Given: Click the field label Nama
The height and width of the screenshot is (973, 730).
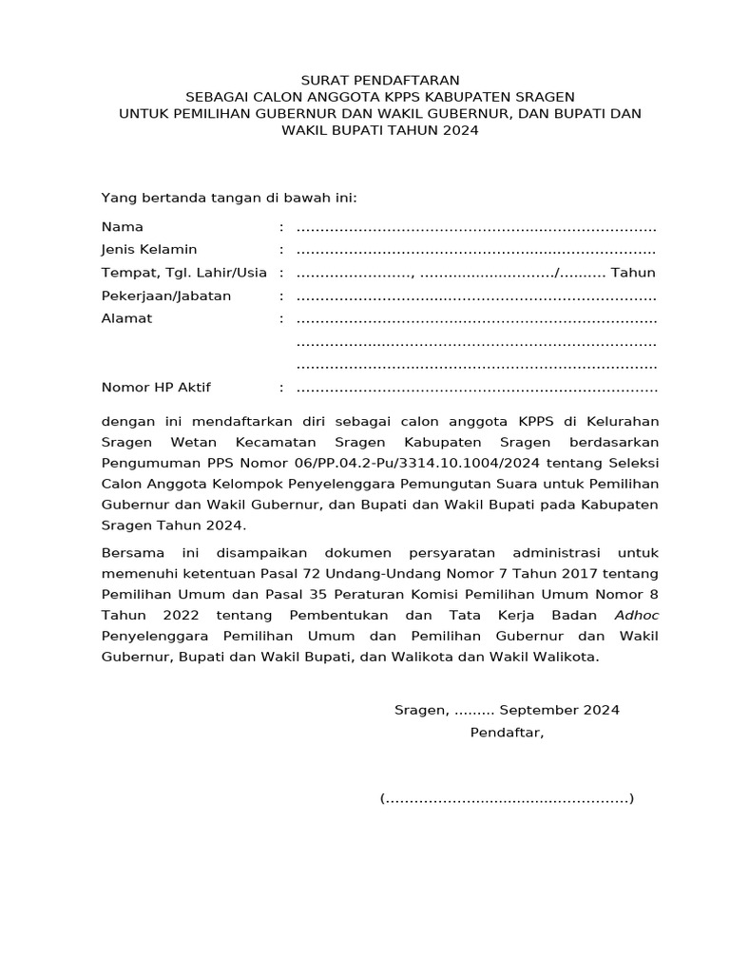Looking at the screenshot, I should coord(123,227).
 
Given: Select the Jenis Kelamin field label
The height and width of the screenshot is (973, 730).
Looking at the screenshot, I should coord(149,250).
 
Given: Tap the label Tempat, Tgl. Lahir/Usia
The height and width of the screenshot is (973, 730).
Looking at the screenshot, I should coord(184,273).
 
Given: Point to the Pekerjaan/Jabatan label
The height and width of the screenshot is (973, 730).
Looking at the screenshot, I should coord(166,296).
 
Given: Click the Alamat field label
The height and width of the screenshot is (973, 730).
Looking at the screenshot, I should coord(126,318).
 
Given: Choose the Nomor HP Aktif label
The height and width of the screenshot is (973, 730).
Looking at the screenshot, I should coord(156,388).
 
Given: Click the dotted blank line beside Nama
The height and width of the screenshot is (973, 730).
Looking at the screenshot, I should coord(476,229).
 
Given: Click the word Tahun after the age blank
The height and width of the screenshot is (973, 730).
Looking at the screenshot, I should coord(633,273).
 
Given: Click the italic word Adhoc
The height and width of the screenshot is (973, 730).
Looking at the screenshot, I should coord(636,615).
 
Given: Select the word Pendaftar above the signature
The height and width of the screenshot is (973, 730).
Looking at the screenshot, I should coord(507,733).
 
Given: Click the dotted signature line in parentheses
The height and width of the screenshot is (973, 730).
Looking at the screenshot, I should coord(507,799).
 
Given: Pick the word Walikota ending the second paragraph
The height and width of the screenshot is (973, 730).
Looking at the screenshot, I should coord(567,657).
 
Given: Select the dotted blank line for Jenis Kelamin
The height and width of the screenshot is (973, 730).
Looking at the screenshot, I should coord(476,252).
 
